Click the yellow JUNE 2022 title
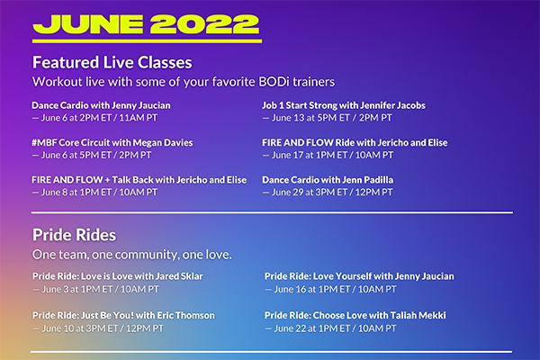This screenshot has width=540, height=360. click(x=146, y=24)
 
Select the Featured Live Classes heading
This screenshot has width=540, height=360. click(x=112, y=62)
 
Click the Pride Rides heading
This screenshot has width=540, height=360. click(x=74, y=235)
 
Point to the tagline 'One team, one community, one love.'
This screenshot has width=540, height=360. click(x=132, y=255)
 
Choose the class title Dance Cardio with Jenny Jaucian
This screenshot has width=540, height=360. click(x=101, y=105)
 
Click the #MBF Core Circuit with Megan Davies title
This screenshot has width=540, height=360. click(x=112, y=142)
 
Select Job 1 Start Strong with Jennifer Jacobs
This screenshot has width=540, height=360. click(x=344, y=105)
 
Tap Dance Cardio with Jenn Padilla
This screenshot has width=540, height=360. click(x=328, y=180)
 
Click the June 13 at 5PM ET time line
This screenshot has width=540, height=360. click(x=328, y=118)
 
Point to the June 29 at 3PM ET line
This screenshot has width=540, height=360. click(x=328, y=193)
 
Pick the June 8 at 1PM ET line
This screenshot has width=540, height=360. click(x=94, y=193)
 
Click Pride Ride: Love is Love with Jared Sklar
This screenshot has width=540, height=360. click(x=118, y=276)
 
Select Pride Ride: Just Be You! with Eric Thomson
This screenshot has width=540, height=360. click(x=123, y=316)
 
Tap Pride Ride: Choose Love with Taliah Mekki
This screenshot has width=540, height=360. click(x=355, y=316)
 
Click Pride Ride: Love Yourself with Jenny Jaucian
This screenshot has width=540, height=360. click(x=359, y=276)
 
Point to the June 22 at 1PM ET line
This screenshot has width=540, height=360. click(x=330, y=328)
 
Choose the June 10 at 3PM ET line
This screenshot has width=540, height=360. click(x=98, y=328)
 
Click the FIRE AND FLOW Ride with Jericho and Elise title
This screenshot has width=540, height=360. click(x=355, y=142)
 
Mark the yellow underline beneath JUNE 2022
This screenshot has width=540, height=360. click(x=147, y=41)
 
